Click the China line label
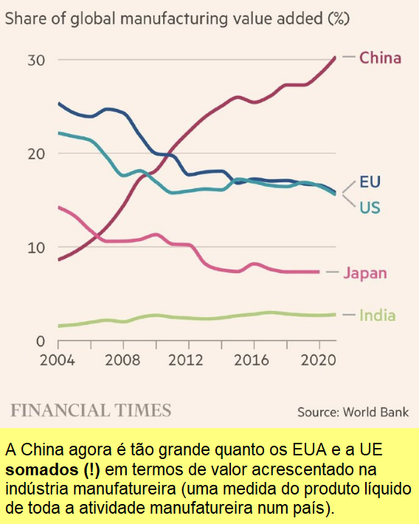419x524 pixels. click(380, 58)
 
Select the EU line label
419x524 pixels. click(370, 182)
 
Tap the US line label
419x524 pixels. click(370, 207)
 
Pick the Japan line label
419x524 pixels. click(365, 273)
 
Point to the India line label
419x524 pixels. click(377, 315)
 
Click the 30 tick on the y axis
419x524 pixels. click(36, 60)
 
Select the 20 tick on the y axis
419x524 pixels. click(36, 154)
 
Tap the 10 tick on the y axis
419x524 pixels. click(36, 247)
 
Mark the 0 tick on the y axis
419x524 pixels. click(41, 341)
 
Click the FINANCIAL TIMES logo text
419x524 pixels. click(91, 410)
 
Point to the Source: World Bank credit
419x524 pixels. click(353, 412)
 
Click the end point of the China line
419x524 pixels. click(335, 58)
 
